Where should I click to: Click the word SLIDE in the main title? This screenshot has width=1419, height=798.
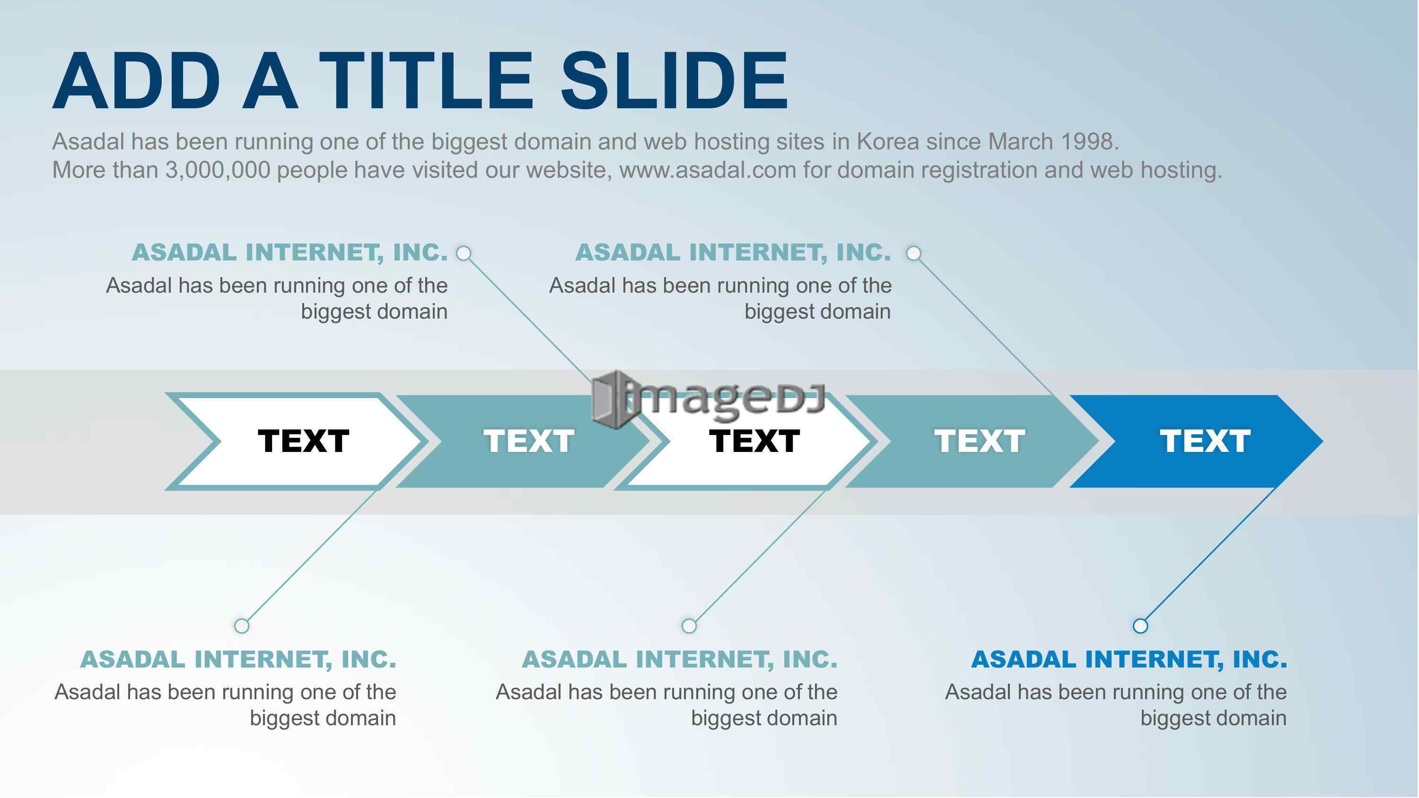point(674,81)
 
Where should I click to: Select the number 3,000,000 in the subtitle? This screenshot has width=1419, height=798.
point(218,170)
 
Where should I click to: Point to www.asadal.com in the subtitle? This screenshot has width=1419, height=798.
point(708,170)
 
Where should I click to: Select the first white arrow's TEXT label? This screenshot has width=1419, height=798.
point(304,441)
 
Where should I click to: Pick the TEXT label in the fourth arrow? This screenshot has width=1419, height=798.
point(980,441)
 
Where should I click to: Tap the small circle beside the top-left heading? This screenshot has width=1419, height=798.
point(464,253)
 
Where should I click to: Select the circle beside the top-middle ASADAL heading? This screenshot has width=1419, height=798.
point(913,253)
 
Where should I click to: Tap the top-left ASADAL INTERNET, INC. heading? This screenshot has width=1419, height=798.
point(290,252)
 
